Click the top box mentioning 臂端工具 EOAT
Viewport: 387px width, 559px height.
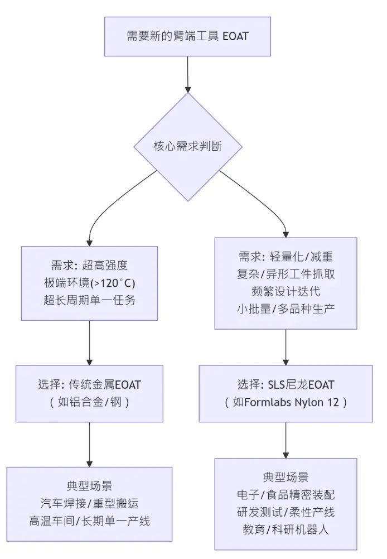coord(187,36)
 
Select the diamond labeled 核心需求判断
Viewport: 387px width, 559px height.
coord(187,147)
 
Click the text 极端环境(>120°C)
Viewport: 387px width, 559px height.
coord(89,282)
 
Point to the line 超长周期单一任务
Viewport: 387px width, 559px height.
coord(89,300)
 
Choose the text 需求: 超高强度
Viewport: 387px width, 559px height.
coord(89,265)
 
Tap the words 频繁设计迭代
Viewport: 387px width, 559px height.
coord(286,291)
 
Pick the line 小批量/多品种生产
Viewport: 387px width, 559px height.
coord(286,308)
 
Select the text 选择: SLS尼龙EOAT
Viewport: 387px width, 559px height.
coord(286,384)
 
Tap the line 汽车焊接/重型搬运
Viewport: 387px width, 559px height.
coord(89,503)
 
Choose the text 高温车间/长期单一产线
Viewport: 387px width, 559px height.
coord(89,521)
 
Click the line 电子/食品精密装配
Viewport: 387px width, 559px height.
coord(286,494)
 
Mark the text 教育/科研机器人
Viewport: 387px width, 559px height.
coord(286,529)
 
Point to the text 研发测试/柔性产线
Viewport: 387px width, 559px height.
coord(286,512)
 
